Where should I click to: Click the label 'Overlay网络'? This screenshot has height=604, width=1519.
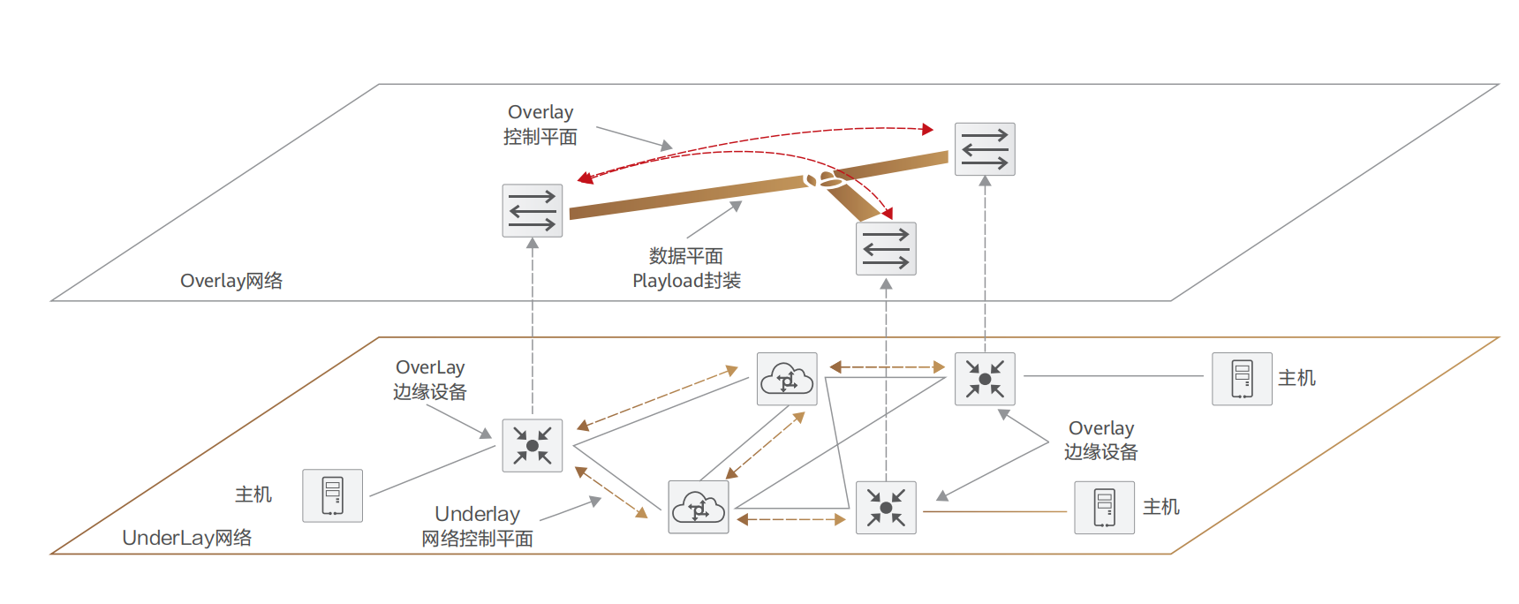[x=231, y=281]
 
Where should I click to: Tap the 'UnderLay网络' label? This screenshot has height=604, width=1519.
[x=186, y=538]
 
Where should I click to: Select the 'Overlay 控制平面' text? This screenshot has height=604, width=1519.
[x=540, y=125]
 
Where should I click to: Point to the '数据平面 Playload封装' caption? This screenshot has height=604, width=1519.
[x=686, y=268]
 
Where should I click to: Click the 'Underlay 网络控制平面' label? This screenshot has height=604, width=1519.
[x=477, y=526]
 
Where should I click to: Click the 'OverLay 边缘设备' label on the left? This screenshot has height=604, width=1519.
[x=430, y=380]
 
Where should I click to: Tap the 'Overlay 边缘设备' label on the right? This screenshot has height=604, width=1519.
[x=1100, y=440]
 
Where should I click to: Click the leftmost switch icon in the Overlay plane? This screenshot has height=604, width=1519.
[x=533, y=211]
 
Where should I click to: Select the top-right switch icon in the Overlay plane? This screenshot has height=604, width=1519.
[x=985, y=149]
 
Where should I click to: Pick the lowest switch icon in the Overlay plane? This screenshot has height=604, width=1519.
[x=886, y=249]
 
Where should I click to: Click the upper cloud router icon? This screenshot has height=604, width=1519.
[x=787, y=379]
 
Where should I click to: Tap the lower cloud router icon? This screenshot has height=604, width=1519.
[x=699, y=508]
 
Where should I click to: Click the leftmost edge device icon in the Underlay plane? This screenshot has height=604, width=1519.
[x=533, y=445]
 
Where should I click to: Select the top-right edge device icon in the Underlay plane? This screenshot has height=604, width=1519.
[x=985, y=379]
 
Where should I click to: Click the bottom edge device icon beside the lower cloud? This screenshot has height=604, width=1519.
[x=886, y=508]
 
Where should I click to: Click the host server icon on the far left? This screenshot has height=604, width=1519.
[x=332, y=495]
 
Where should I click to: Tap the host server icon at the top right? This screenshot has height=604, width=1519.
[x=1242, y=379]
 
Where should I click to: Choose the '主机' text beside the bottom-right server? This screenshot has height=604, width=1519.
[x=1160, y=507]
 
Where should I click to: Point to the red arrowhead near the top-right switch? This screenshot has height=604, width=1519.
[x=927, y=129]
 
